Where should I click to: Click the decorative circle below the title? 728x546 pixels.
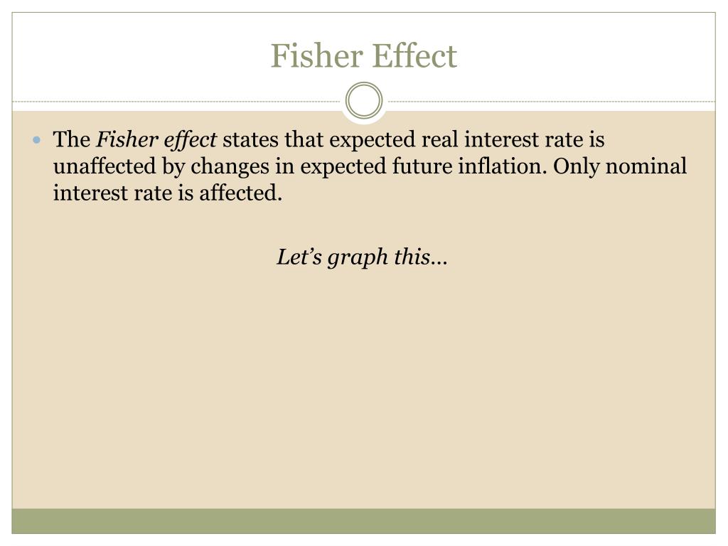[x=364, y=100]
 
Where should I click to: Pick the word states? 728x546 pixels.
[x=252, y=140]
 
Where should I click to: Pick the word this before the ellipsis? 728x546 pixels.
[x=412, y=257]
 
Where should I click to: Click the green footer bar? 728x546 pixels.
[x=364, y=520]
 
